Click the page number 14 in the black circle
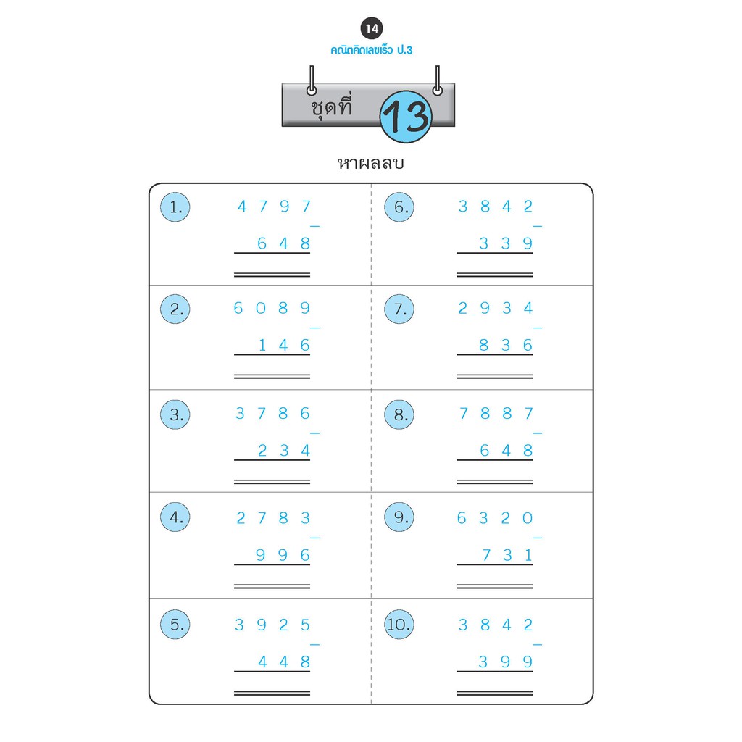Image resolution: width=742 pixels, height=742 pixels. tap(372, 30)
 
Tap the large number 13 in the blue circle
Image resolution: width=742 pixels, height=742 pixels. tap(406, 116)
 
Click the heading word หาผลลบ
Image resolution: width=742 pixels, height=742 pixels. tap(370, 163)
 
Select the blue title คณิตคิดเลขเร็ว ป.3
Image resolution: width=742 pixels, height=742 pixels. tap(371, 50)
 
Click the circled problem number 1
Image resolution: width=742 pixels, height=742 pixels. tap(175, 208)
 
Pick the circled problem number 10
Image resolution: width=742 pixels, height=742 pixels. tap(399, 625)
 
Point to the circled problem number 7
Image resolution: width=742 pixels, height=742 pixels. tap(399, 309)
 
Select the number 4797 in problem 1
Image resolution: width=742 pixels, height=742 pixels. tap(274, 207)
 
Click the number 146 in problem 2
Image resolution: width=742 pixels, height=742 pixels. tap(284, 346)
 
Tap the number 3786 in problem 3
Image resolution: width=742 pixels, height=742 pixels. tap(273, 414)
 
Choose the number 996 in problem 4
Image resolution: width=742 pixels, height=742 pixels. tap(284, 555)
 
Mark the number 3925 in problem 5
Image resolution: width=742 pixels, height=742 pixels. tap(273, 625)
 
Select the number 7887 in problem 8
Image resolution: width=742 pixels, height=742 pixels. tap(496, 414)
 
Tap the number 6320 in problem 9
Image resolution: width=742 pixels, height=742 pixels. tap(496, 518)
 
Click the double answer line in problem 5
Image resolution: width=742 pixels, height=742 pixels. tap(272, 693)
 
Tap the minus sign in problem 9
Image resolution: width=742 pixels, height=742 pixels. tap(537, 538)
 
